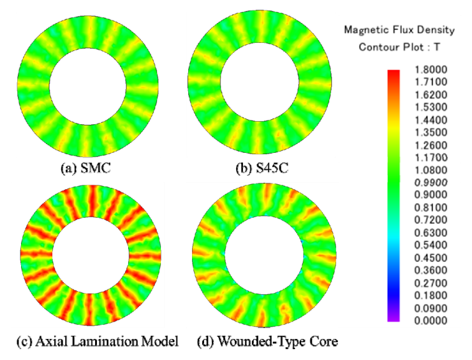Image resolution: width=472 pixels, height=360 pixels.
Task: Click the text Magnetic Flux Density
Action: pyautogui.click(x=399, y=30)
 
